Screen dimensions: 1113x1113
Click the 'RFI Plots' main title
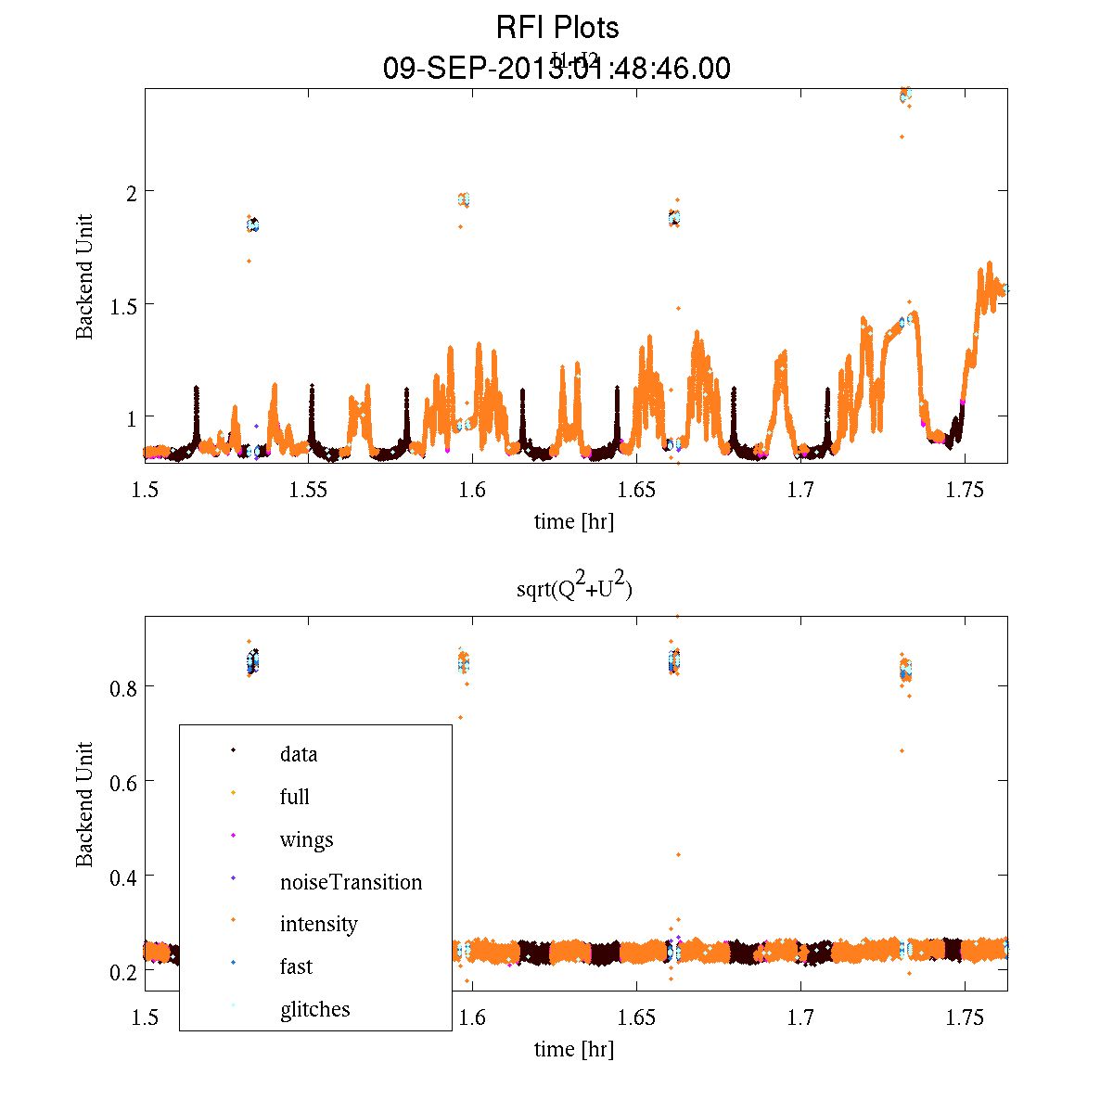[x=556, y=28]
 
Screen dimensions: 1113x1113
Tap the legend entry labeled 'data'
[x=299, y=754]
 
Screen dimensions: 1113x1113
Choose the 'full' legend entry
[x=295, y=797]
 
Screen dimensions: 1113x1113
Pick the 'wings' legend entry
[x=306, y=839]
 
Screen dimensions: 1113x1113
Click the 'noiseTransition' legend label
[x=351, y=882]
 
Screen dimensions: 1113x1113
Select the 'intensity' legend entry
[x=318, y=924]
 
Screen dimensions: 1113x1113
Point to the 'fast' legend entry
[x=296, y=966]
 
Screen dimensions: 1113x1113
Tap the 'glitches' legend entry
[x=314, y=1009]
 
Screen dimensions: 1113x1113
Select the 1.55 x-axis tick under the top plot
[x=308, y=490]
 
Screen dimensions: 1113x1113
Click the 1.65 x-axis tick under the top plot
[x=636, y=490]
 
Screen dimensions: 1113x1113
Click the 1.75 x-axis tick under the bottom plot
[x=965, y=1017]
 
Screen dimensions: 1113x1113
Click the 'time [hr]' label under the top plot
[x=573, y=521]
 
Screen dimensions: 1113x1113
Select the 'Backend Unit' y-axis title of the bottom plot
[x=84, y=804]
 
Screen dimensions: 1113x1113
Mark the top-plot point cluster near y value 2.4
[x=905, y=95]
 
